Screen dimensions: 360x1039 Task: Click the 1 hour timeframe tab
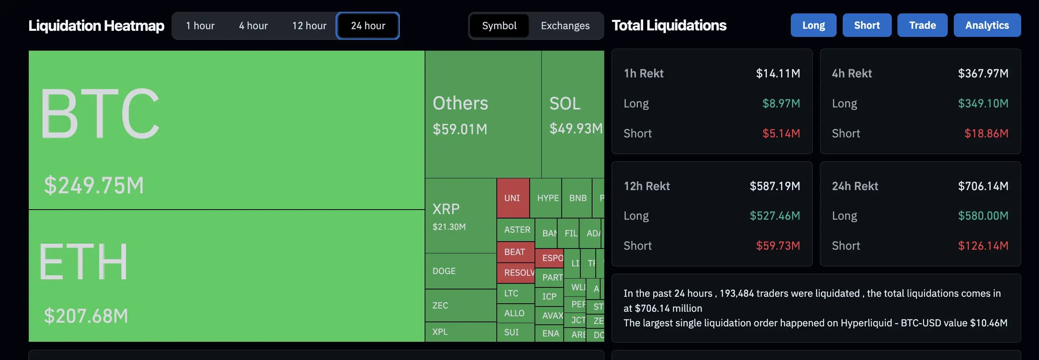(x=200, y=26)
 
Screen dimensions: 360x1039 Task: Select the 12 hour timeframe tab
(x=309, y=26)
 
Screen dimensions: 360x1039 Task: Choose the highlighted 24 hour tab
(x=368, y=26)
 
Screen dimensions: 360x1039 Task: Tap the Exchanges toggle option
(x=565, y=26)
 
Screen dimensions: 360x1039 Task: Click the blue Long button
(x=813, y=25)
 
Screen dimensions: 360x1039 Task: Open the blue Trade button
(x=922, y=25)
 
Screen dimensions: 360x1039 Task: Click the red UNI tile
(x=512, y=198)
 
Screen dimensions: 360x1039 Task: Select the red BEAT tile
(x=515, y=252)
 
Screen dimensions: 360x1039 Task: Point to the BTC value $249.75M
(x=94, y=185)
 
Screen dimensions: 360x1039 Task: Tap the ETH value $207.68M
(x=86, y=316)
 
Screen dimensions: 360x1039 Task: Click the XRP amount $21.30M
(x=449, y=227)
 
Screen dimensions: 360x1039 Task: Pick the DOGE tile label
(x=444, y=271)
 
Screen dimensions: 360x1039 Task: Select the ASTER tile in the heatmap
(x=517, y=229)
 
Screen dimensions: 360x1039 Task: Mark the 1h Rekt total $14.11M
(x=778, y=73)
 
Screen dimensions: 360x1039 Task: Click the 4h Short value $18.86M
(x=986, y=133)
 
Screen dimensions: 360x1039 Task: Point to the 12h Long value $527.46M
(x=775, y=216)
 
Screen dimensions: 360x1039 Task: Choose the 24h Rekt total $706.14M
(x=983, y=186)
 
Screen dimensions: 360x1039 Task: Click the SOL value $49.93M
(x=575, y=129)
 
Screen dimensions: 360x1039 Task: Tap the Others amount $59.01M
(x=460, y=129)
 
